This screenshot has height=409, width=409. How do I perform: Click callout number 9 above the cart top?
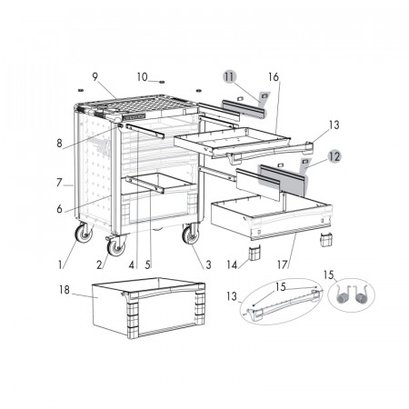pos(95,77)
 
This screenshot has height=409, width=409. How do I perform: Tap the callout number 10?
pos(142,77)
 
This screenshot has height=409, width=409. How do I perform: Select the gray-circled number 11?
pos(229,77)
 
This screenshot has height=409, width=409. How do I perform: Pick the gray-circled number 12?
pos(334,156)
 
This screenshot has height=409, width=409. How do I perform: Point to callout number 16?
pos(274,77)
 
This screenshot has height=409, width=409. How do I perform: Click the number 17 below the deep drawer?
pos(283,264)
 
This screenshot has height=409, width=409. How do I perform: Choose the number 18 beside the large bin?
pos(65,290)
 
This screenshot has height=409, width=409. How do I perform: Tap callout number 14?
pos(232,265)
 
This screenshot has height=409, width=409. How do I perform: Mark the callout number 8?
pos(59,144)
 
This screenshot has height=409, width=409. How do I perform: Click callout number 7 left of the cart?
pos(59,183)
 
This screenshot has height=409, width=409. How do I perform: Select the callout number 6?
pos(59,209)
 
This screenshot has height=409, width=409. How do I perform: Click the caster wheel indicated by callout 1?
pos(84,233)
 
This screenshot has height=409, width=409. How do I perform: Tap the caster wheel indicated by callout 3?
pos(191,234)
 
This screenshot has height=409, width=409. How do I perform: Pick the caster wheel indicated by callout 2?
pos(116,246)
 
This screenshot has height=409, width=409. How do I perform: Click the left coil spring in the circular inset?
pos(343,295)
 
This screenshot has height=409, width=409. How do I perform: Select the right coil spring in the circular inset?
pos(361,295)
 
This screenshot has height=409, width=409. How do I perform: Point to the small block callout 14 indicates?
pos(254,254)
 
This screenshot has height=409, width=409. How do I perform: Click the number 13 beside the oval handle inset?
pos(232,296)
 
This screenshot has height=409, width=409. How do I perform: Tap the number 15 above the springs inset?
pos(328,275)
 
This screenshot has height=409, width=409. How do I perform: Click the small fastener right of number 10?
pos(162,82)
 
